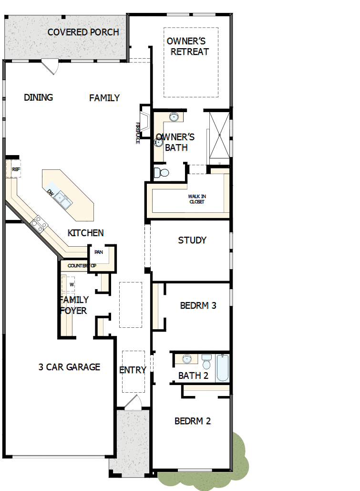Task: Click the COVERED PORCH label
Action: click(83, 32)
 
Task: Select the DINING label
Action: click(38, 98)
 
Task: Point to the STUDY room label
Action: click(192, 240)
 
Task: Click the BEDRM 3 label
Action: click(198, 305)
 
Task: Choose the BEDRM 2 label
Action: click(193, 421)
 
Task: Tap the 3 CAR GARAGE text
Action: click(69, 367)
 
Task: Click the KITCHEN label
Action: click(86, 233)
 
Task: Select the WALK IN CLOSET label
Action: click(196, 199)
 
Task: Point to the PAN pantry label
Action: click(99, 252)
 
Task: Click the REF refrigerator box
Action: click(16, 169)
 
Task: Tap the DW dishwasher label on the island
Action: click(51, 192)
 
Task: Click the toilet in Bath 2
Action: click(206, 360)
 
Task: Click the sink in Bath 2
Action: click(187, 359)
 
